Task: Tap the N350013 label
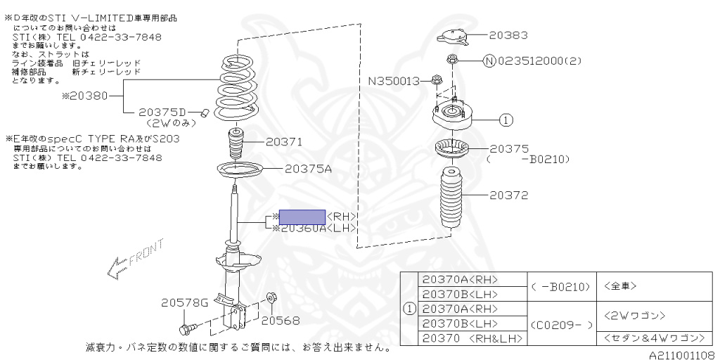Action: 394,81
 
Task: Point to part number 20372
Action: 509,195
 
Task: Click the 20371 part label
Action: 284,142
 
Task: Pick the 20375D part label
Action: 163,112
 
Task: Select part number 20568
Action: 281,321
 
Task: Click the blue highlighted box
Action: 302,217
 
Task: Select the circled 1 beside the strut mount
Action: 505,120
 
